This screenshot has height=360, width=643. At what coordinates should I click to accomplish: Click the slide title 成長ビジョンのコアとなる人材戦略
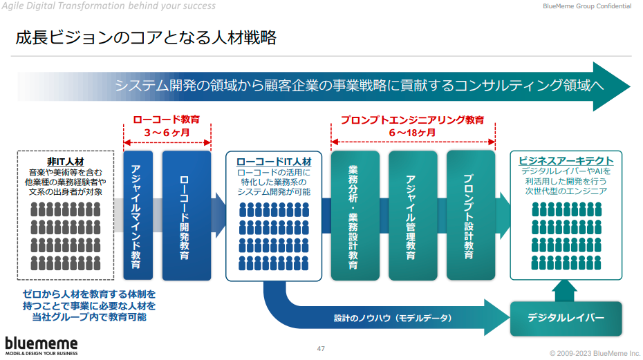coord(146,38)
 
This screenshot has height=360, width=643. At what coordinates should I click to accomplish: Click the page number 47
coord(321,348)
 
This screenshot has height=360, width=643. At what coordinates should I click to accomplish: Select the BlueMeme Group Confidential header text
coord(587,6)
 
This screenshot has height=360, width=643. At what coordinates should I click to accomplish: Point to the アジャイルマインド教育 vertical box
coord(136,216)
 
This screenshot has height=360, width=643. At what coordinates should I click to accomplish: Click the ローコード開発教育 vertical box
coord(185,216)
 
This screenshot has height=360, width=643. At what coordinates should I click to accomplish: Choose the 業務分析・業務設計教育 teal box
coord(355,216)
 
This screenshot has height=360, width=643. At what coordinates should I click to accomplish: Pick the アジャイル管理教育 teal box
coord(412,216)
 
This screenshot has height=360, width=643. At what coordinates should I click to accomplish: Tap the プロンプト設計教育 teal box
coord(470,216)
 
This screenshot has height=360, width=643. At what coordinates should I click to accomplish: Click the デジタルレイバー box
coord(566,318)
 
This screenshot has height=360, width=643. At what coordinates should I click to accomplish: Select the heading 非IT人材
coord(66,160)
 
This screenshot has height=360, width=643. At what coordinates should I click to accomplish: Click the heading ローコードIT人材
coord(274,160)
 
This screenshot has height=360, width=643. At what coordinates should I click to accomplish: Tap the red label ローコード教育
coord(167,119)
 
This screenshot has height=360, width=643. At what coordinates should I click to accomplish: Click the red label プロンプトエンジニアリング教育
coord(412,119)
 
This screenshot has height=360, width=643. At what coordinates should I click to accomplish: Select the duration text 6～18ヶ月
coord(412,132)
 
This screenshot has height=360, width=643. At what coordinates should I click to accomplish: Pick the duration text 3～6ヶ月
coord(167,132)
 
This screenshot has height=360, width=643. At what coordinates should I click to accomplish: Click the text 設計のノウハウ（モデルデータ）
coord(392,318)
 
